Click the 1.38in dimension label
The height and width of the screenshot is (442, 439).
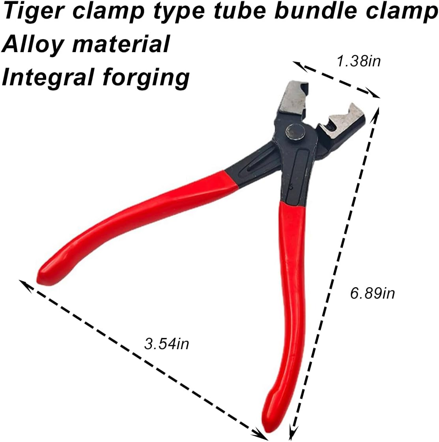[x=359, y=61]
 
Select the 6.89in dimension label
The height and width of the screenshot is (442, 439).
[x=372, y=293]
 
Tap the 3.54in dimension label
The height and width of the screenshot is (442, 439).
[x=166, y=344]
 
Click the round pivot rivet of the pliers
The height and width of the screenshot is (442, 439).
[x=295, y=132]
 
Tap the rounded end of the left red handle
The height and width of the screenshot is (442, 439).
[x=45, y=275]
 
